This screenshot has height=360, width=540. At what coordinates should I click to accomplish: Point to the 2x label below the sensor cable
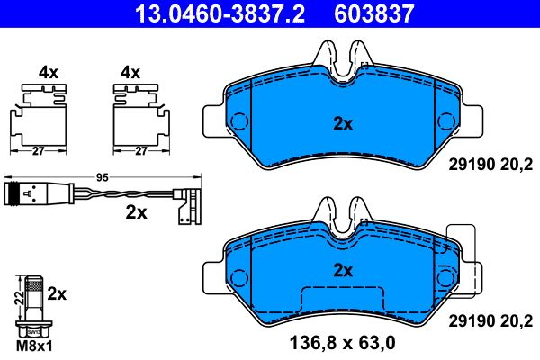[137, 213]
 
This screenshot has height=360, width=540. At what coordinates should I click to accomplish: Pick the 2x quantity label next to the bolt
[57, 293]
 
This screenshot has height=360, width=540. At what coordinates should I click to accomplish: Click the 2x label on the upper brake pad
[342, 124]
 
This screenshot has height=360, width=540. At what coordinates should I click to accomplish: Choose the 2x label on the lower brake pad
[342, 269]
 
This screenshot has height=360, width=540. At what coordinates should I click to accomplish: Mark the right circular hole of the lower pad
[445, 275]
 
